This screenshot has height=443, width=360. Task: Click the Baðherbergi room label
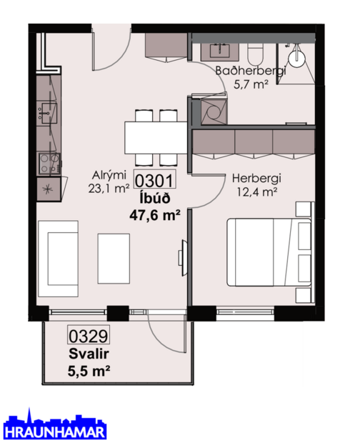click(x=251, y=71)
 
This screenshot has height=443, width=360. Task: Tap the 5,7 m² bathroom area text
click(x=251, y=84)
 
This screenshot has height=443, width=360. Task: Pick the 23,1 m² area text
click(x=108, y=189)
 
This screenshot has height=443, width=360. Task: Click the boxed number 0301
click(x=152, y=181)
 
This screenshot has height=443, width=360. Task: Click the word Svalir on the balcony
click(x=84, y=354)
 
